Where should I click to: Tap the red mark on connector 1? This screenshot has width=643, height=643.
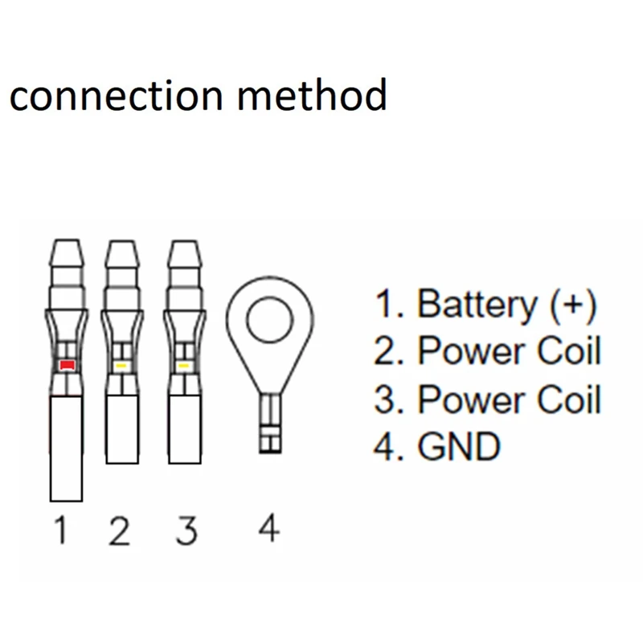tap(66, 366)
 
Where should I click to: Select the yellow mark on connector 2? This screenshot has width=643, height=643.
tap(121, 366)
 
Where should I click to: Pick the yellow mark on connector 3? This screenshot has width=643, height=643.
tap(183, 366)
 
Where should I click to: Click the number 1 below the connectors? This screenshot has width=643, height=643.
tap(61, 531)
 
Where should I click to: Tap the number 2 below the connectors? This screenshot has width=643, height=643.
tap(119, 531)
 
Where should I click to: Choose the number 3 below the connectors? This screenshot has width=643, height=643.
tap(185, 531)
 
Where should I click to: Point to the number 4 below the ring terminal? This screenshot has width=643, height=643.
tap(268, 530)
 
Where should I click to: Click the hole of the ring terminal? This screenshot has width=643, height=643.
tap(270, 323)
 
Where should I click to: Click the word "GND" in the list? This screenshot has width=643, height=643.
tap(458, 447)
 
